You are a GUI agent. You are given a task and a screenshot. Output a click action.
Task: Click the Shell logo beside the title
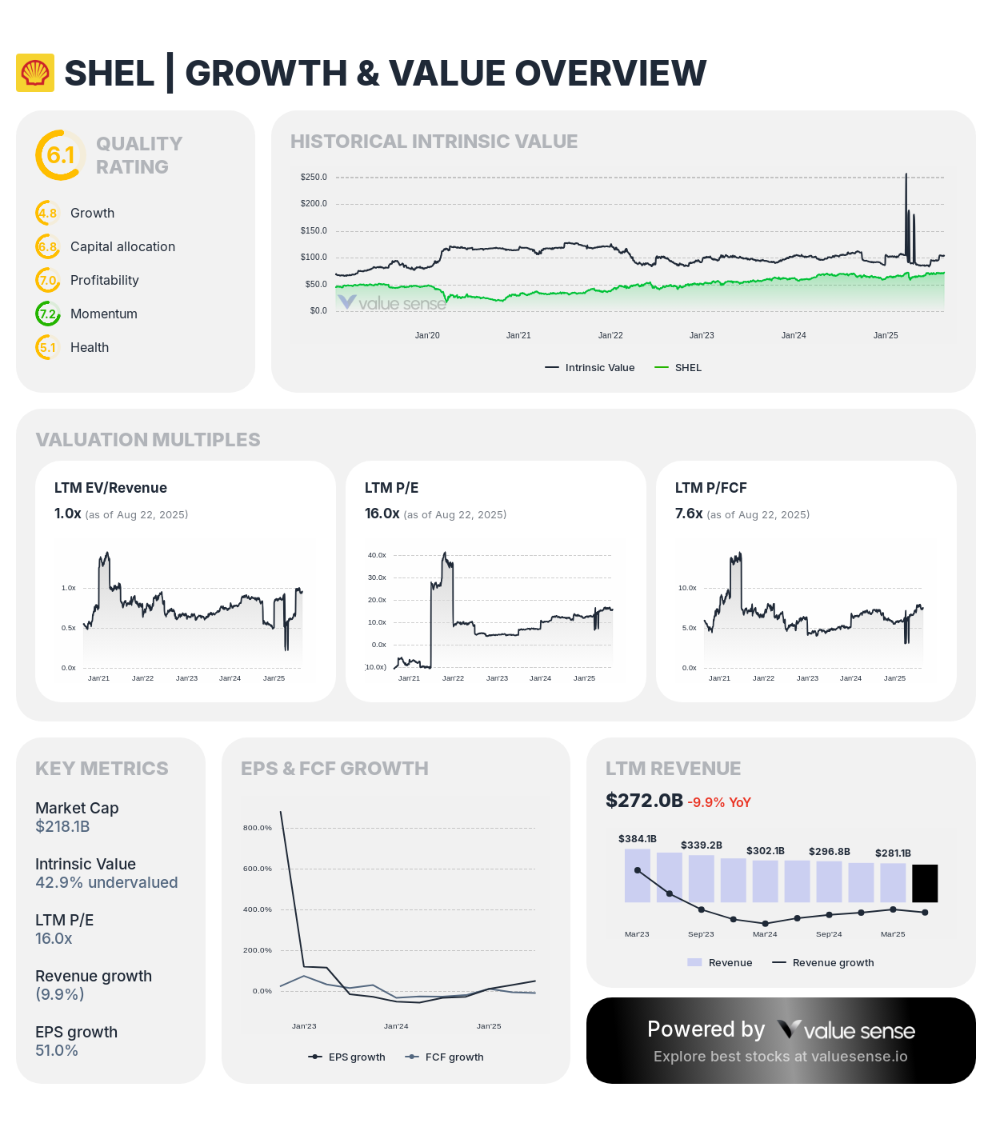point(35,73)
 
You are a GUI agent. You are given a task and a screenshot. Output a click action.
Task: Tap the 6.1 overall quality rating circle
point(60,155)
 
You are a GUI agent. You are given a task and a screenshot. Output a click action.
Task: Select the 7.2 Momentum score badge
point(48,314)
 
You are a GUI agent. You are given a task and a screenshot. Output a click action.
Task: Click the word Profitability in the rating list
point(104,280)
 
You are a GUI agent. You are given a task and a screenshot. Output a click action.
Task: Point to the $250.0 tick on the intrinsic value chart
point(314,177)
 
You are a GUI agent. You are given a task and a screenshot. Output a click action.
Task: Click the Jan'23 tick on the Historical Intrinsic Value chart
point(702,335)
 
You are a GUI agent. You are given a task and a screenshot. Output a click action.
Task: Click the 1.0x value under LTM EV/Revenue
point(67,514)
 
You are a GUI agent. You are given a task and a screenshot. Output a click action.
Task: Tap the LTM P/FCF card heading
point(710,488)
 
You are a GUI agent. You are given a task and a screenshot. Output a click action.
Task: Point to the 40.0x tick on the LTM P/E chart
point(377,555)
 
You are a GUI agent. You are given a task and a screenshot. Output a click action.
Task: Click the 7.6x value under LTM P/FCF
point(689,514)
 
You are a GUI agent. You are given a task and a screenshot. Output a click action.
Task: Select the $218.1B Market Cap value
point(62,827)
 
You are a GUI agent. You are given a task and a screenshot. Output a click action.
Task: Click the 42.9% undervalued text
point(106,883)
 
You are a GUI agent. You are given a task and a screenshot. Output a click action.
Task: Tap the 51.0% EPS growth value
point(57,1051)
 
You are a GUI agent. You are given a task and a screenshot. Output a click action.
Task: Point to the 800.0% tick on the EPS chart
point(258,828)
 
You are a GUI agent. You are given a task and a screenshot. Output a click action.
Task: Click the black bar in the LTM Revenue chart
point(925,883)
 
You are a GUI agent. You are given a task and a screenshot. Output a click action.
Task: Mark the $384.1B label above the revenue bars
point(637,839)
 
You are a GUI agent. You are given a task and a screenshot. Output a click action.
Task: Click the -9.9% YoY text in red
point(719,802)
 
